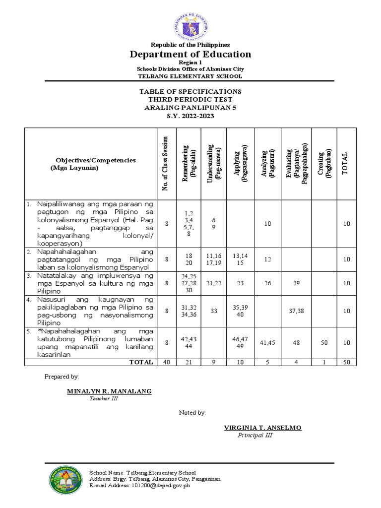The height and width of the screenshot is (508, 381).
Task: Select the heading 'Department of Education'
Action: coord(190,55)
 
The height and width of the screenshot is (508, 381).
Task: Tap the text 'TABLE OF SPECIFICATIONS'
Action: coord(190,92)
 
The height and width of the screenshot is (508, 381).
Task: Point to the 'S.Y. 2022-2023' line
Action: coord(190,115)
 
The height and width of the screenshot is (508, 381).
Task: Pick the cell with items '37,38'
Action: coord(296,311)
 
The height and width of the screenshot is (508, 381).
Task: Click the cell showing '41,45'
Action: coord(267,343)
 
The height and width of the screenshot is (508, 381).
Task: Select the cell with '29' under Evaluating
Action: coord(296,283)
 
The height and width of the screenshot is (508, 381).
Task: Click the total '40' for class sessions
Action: coord(167,362)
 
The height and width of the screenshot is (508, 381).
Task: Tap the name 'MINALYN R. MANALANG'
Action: coord(109,391)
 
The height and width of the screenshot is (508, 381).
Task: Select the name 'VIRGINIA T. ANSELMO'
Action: coord(262,428)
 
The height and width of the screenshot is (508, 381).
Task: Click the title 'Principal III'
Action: coord(255,436)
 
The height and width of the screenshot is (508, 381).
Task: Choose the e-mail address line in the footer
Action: coord(139,486)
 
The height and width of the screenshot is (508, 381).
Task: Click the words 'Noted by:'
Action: coord(192,413)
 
